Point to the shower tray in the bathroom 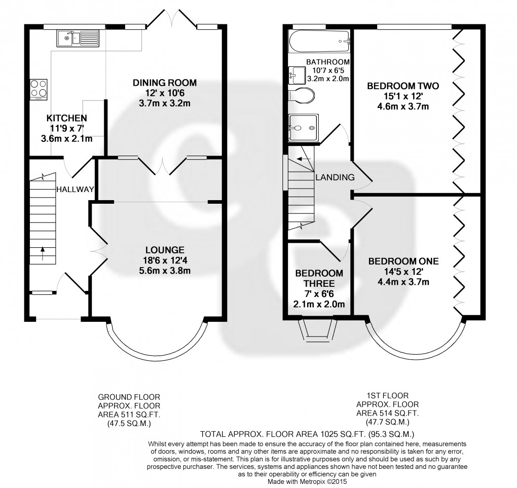click(303, 127)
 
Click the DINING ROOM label click(158, 83)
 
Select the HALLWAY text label click(75, 190)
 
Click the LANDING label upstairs click(335, 177)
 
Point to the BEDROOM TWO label click(403, 86)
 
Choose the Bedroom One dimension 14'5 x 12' click(403, 272)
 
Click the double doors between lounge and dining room click(164, 167)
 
